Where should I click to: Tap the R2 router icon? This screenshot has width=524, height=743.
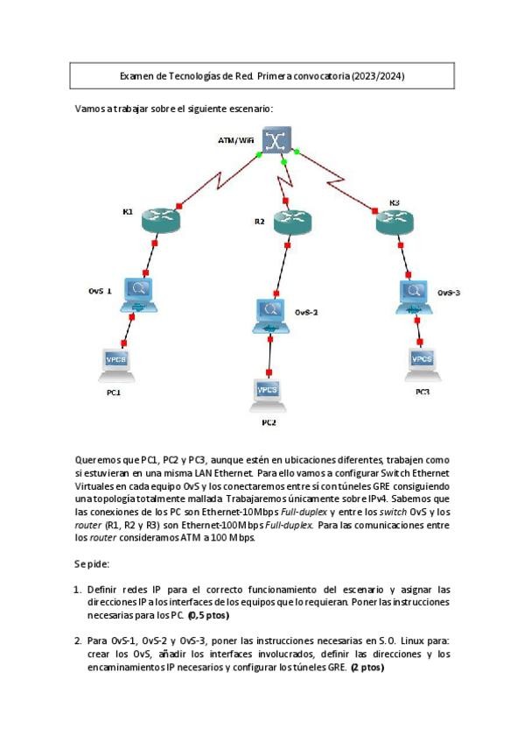[x=291, y=223]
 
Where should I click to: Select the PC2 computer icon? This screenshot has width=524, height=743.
[x=267, y=393]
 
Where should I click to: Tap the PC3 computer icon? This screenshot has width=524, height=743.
[x=422, y=360]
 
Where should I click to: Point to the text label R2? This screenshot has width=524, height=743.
[x=260, y=222]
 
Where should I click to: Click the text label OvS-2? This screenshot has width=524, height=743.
[x=305, y=312]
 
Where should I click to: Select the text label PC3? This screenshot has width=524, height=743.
[x=423, y=392]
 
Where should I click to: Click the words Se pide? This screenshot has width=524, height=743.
[x=92, y=563]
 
